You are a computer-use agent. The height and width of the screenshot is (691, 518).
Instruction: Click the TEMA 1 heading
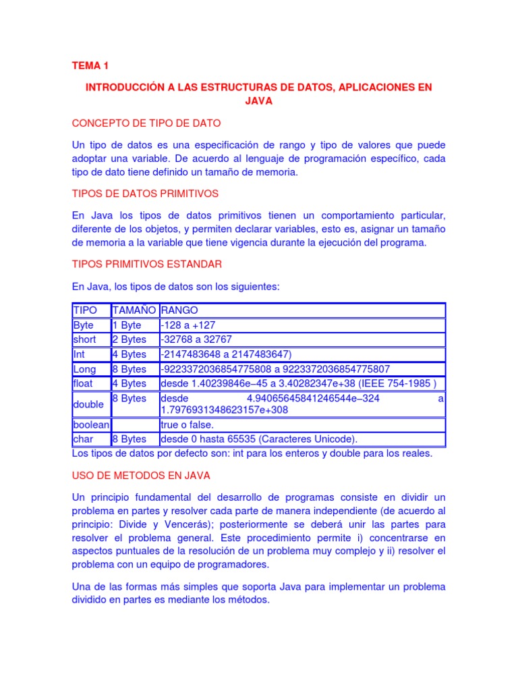point(90,65)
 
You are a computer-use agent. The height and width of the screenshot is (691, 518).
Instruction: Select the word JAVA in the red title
point(258,101)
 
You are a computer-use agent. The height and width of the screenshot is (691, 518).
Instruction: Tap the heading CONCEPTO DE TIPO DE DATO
point(146,123)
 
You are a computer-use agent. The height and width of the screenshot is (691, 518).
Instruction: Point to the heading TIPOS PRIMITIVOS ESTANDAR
point(146,263)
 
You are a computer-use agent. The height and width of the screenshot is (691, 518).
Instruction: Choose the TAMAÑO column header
point(134,310)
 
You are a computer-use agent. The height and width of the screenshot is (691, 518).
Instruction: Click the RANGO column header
point(179,310)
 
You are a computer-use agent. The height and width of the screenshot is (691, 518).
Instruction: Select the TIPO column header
point(84,310)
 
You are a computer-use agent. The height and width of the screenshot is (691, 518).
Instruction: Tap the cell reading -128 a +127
point(188,325)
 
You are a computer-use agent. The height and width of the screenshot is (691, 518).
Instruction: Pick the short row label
point(84,339)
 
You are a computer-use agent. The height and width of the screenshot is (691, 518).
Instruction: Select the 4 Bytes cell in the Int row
point(129,354)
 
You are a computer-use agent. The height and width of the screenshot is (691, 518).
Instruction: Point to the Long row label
point(84,369)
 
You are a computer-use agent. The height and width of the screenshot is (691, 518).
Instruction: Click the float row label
point(84,384)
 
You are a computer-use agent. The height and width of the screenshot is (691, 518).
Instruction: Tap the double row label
point(88,404)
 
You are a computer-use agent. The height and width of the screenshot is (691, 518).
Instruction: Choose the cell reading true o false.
point(187,424)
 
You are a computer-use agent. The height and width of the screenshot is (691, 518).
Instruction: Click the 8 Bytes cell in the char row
point(129,439)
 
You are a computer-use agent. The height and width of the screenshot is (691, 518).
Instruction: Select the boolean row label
point(90,424)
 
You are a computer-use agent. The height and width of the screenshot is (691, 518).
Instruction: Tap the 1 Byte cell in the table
point(127,325)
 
